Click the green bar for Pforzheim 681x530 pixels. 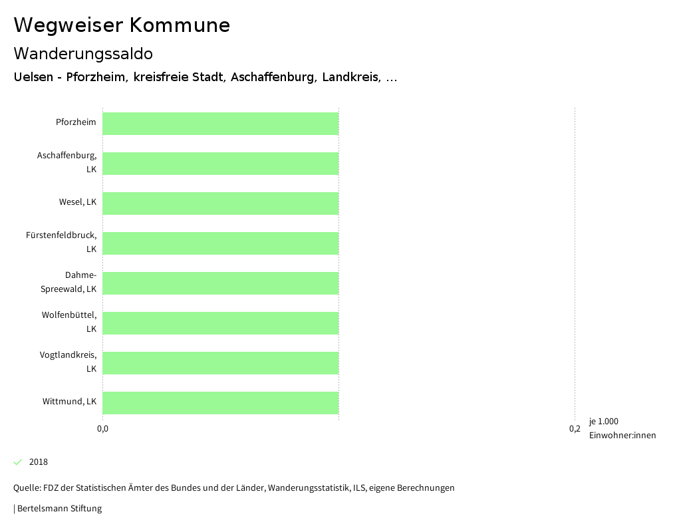coord(221,124)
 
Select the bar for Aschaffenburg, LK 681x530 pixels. coord(221,164)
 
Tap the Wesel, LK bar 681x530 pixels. coord(221,203)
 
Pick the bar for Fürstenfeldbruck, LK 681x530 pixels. coord(221,243)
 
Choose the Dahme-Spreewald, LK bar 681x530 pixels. coord(221,283)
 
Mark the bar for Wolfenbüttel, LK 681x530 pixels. coord(221,323)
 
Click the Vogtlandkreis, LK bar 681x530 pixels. coord(221,363)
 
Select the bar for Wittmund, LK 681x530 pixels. coord(221,403)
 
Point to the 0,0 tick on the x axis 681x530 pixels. coord(103,429)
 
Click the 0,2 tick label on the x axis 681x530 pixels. coord(575,429)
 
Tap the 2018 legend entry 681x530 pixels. coord(39,462)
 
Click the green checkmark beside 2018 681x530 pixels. coord(18,462)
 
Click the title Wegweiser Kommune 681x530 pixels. coord(122,25)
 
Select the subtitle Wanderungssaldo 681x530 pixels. coord(83,53)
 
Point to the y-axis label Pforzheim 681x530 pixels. coord(76,122)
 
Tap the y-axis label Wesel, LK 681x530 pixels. coord(78,202)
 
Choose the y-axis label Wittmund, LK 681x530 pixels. coord(70,402)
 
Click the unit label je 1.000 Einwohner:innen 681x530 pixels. coord(622,428)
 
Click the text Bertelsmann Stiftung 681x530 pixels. coord(59,509)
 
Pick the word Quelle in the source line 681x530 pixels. coord(26,488)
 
